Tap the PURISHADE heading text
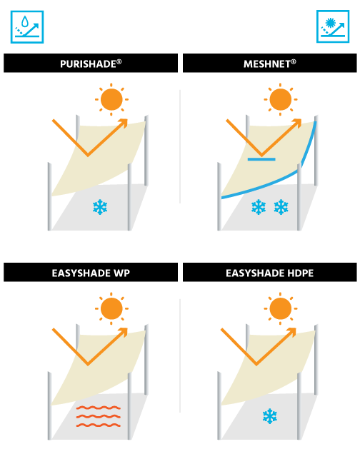coord(91,64)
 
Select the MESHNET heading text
coord(269,64)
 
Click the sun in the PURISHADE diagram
coord(111,99)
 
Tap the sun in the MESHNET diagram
coord(280,99)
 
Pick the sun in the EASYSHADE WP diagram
coord(111,308)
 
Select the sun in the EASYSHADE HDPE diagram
coord(280,308)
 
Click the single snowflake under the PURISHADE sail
coord(100,207)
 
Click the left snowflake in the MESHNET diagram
coord(259,207)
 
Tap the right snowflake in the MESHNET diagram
coord(281,207)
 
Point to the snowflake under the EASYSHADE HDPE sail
coord(270,416)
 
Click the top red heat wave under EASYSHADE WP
coord(99,408)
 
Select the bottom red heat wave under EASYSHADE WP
coord(99,425)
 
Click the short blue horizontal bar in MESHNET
coord(261,159)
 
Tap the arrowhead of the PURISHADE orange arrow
coord(124,123)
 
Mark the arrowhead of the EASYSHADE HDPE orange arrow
coord(292,332)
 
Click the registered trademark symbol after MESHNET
coord(294,61)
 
